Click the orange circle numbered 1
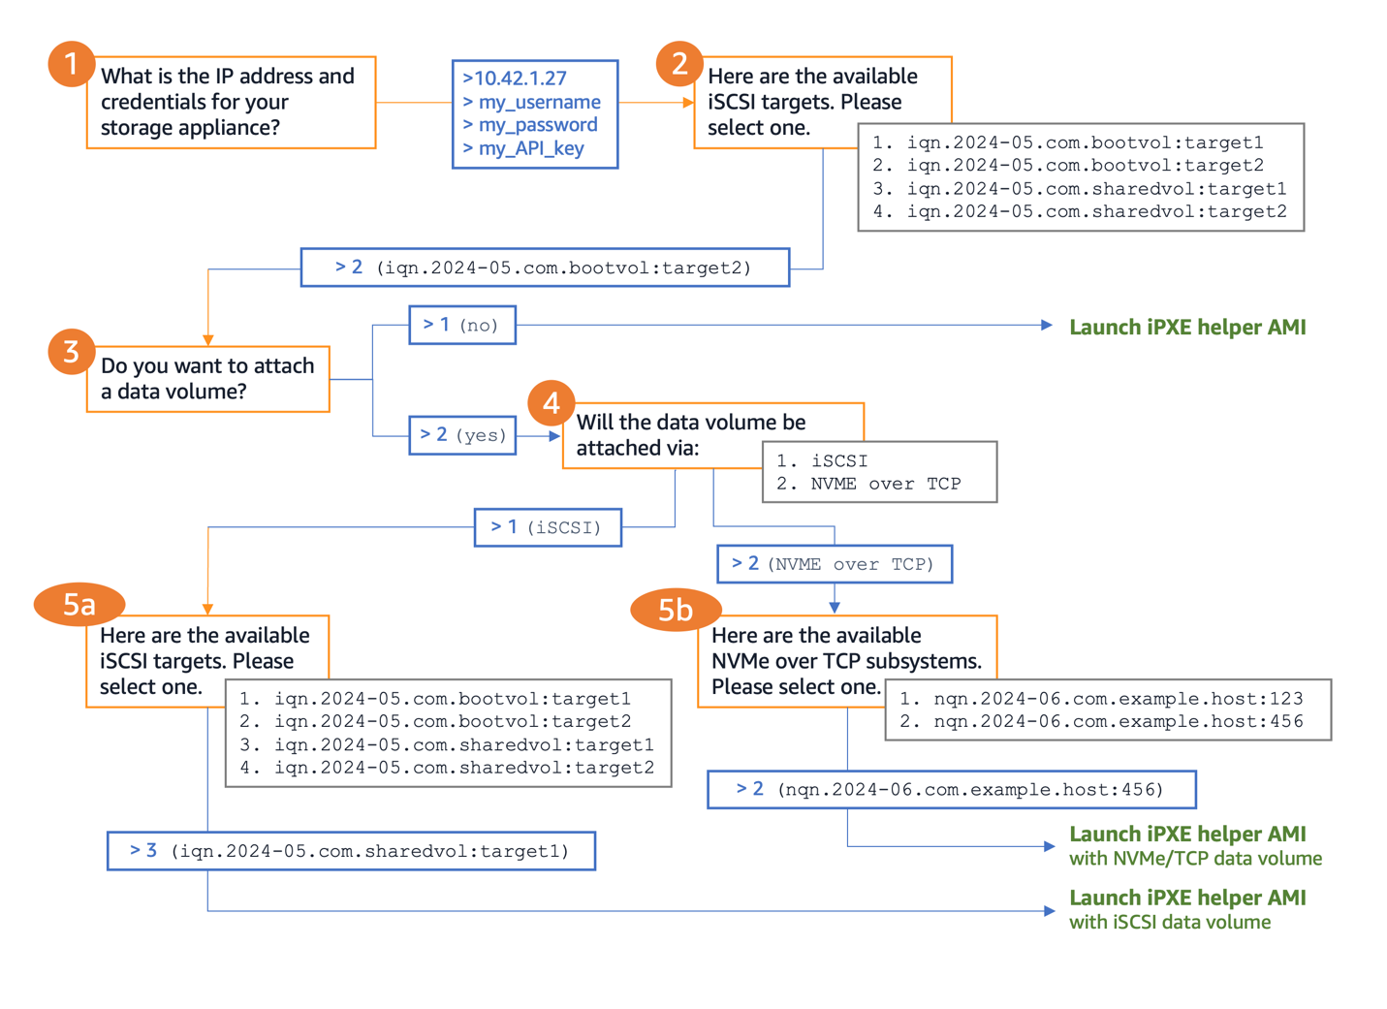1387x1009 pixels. pos(71,64)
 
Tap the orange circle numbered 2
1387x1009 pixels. pos(678,64)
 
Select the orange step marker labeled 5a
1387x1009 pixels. pos(79,605)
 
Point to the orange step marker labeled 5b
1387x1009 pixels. pos(676,610)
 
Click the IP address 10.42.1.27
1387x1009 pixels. pos(516,79)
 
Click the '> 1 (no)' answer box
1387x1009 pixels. pos(461,325)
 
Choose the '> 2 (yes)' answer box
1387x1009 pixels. pos(462,435)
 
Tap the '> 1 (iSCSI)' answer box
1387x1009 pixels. pos(548,527)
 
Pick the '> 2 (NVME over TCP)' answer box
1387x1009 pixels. pos(834,564)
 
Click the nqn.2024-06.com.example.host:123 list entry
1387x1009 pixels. pos(1101,699)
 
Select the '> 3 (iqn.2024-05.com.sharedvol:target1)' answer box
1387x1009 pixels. pos(351,851)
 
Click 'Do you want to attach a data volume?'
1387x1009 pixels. pos(207,379)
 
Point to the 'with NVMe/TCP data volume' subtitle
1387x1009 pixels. pos(1195,859)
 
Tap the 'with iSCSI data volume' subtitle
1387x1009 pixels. pos(1170,923)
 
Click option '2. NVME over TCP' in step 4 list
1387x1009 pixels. pos(869,484)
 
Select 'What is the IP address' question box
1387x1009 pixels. pos(231,102)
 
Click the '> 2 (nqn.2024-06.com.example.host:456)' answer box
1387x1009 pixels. pos(951,789)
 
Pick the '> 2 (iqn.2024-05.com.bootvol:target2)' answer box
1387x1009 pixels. pos(545,268)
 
